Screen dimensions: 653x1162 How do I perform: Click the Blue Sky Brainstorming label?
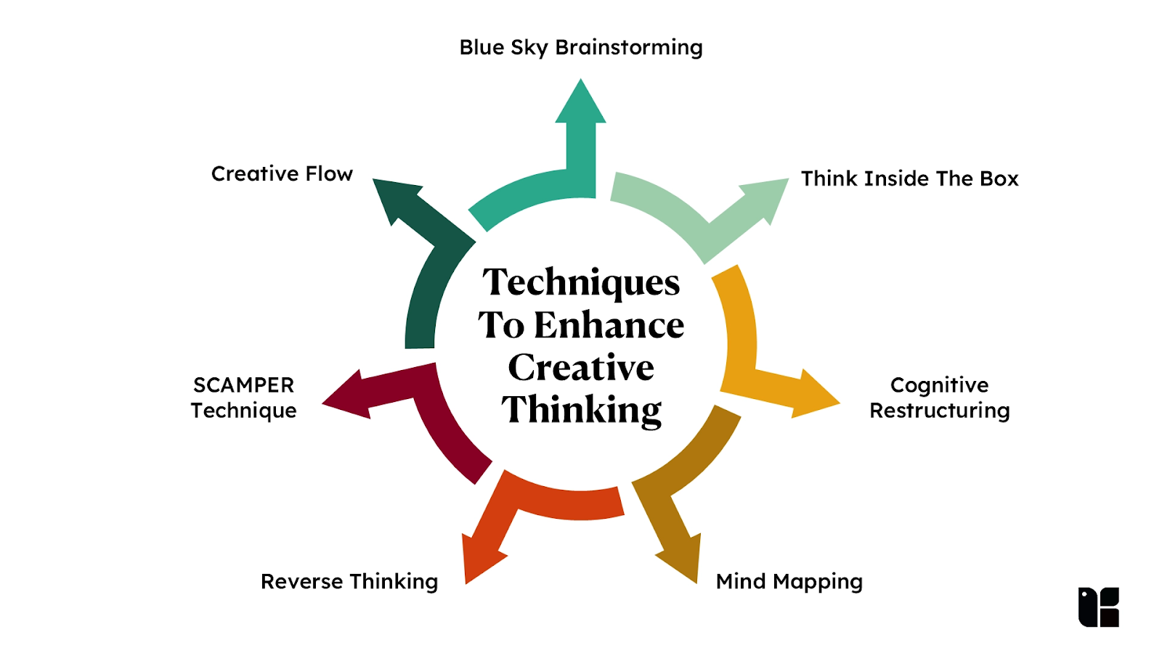pyautogui.click(x=581, y=48)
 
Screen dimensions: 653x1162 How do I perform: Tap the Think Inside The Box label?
pyautogui.click(x=909, y=178)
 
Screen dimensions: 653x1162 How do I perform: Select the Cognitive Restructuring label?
pyautogui.click(x=940, y=398)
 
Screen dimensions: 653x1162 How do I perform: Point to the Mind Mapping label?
pyautogui.click(x=789, y=581)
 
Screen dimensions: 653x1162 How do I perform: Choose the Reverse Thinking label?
pyautogui.click(x=349, y=581)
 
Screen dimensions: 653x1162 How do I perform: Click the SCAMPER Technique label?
pyautogui.click(x=244, y=398)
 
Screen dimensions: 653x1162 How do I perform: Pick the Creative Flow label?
pyautogui.click(x=282, y=174)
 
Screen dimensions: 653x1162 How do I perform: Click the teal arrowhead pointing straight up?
pyautogui.click(x=581, y=103)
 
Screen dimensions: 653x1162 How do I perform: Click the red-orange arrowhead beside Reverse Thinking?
pyautogui.click(x=481, y=559)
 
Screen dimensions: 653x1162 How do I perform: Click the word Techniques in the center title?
pyautogui.click(x=581, y=283)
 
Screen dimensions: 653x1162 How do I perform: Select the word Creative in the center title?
pyautogui.click(x=581, y=367)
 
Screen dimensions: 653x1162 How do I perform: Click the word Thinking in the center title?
pyautogui.click(x=581, y=410)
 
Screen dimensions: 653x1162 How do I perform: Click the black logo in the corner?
pyautogui.click(x=1098, y=607)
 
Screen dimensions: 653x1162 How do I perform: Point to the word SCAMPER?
pyautogui.click(x=244, y=385)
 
